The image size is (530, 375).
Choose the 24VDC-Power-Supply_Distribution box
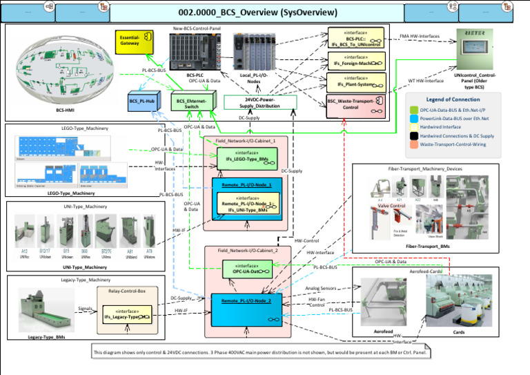261,102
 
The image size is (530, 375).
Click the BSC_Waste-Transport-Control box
351,104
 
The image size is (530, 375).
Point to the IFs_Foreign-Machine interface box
355,61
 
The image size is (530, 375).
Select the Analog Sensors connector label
321,288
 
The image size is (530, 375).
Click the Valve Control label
391,206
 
